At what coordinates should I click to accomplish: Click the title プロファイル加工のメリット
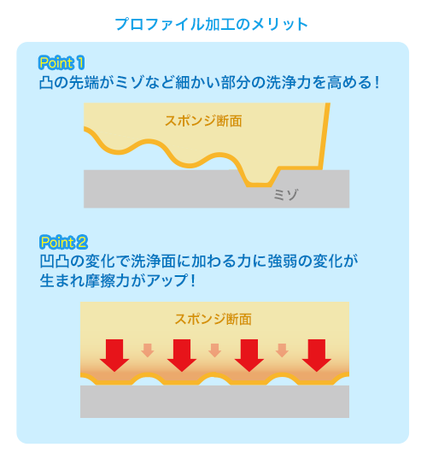(212, 24)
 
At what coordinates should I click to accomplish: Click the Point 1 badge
(61, 62)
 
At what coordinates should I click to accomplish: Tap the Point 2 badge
(63, 242)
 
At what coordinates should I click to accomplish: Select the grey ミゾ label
(285, 195)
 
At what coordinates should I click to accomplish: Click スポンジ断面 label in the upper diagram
(203, 121)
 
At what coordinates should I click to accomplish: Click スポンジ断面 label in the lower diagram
(213, 320)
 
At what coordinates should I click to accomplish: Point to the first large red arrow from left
(114, 356)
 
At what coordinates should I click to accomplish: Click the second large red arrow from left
(182, 356)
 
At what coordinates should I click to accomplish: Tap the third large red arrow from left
(249, 356)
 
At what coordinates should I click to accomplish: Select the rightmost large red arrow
(317, 356)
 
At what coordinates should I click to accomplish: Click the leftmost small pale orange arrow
(148, 350)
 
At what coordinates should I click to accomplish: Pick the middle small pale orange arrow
(215, 350)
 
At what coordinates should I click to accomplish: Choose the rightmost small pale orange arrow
(282, 350)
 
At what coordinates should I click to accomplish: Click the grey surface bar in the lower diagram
(215, 402)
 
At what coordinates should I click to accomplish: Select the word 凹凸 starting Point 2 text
(55, 262)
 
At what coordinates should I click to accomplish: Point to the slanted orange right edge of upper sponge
(325, 136)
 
